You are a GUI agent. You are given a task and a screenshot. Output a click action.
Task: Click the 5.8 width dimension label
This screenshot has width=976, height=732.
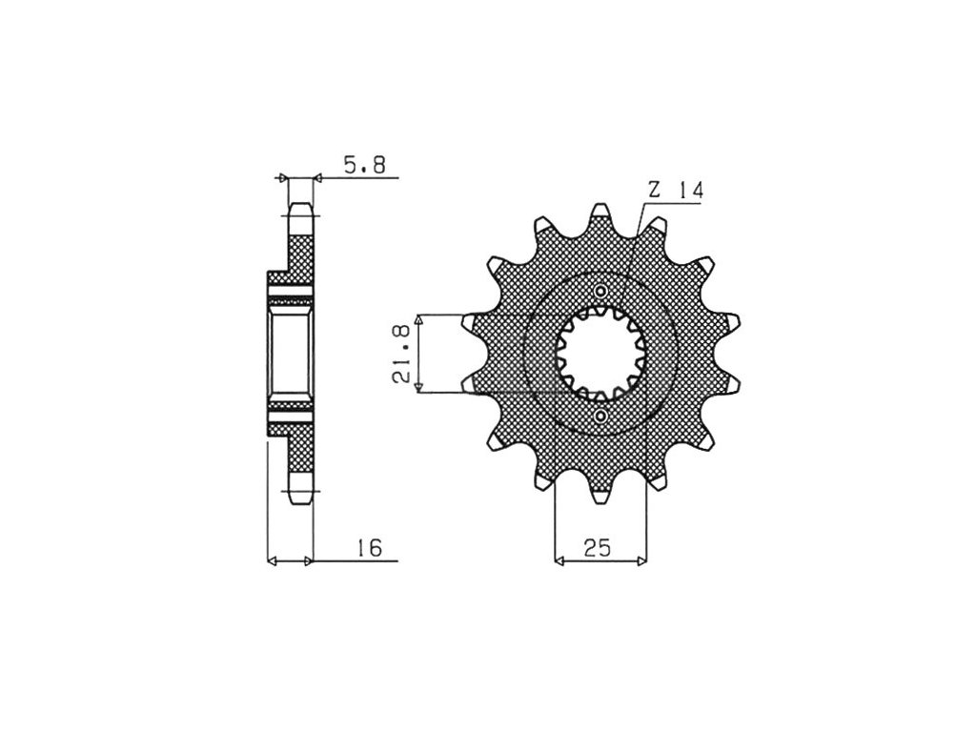click(365, 165)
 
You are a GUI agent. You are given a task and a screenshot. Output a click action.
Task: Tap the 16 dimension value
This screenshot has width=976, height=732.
click(369, 548)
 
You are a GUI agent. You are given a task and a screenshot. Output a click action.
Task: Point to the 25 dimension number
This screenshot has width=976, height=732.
click(598, 548)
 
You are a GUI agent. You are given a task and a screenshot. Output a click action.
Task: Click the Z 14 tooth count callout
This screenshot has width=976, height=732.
click(676, 191)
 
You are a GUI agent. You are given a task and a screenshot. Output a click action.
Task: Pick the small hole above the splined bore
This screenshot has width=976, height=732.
click(600, 292)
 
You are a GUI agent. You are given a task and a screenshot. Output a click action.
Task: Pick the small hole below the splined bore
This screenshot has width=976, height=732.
click(600, 416)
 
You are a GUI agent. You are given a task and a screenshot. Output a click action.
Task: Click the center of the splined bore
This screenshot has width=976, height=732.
click(600, 353)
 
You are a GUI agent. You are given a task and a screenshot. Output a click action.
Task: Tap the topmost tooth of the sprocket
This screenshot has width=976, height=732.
click(600, 212)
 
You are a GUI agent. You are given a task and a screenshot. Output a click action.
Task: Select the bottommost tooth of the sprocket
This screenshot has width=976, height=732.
click(600, 495)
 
